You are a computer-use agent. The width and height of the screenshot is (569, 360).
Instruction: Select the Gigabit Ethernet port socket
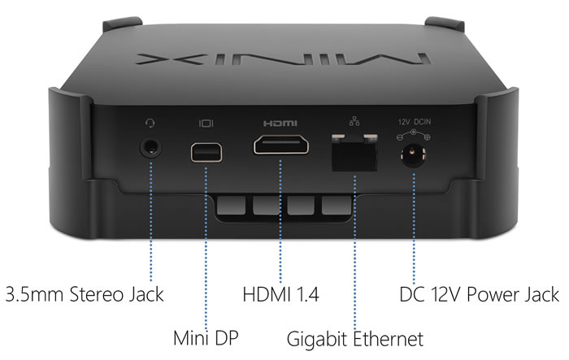[x=355, y=150]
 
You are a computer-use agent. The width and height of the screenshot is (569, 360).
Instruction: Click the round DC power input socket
[x=414, y=152]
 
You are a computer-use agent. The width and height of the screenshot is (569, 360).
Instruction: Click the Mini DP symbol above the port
[x=205, y=124]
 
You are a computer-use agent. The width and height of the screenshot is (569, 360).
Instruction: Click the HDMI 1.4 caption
[x=280, y=293]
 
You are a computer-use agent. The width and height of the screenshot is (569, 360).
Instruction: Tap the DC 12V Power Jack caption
[x=479, y=293]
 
